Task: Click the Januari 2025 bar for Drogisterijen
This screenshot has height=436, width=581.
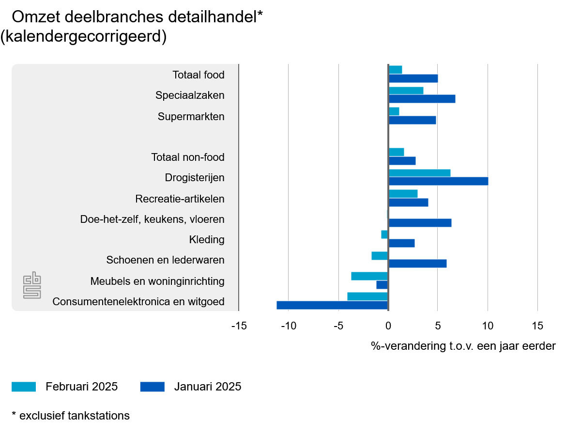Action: pos(438,181)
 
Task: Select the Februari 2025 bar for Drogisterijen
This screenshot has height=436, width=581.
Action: pos(419,173)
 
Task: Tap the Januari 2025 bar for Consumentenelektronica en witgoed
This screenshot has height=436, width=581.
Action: pos(332,305)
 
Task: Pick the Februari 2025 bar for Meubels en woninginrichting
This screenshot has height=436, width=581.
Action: pos(369,276)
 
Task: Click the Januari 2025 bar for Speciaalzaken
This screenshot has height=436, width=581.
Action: pos(422,99)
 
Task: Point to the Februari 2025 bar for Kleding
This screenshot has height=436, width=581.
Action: pos(384,234)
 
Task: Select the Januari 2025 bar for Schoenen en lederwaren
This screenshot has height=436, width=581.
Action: pos(417,264)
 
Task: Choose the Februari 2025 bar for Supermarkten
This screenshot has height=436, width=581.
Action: pos(394,111)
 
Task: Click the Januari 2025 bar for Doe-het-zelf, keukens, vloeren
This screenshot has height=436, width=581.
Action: pos(420,223)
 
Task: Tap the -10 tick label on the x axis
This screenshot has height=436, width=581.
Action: pos(288,326)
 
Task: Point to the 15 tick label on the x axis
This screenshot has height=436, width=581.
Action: pos(537,326)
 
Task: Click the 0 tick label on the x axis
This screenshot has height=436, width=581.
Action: pos(388,326)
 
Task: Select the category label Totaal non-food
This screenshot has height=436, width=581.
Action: pos(188,157)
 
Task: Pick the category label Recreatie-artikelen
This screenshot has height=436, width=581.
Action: pos(180,199)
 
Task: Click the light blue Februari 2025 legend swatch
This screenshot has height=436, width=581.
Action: pos(24,387)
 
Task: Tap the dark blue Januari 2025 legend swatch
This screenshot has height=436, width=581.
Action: pos(153,387)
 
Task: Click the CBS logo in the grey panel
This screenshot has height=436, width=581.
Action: pos(32,285)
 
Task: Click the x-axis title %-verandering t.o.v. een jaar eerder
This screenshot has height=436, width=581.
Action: pos(463,346)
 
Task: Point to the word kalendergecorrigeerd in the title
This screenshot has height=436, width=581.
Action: pos(83,37)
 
